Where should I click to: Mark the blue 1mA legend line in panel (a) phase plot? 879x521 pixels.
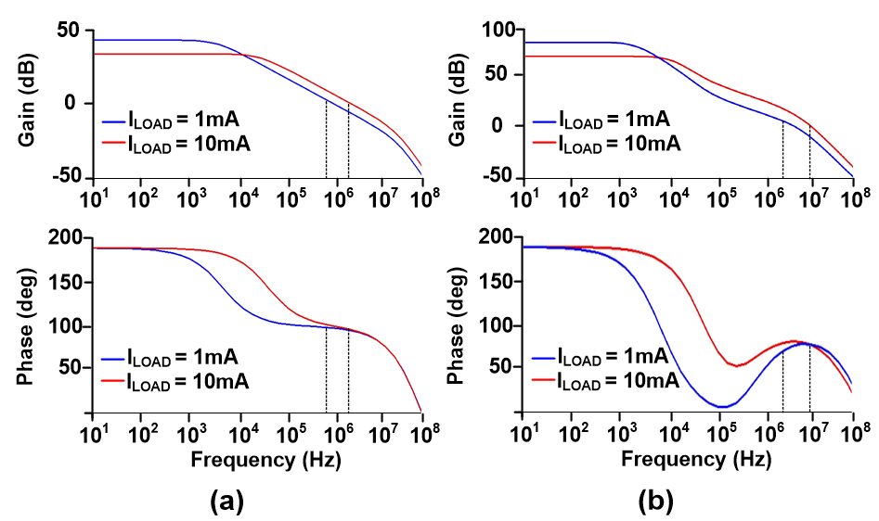click(x=112, y=358)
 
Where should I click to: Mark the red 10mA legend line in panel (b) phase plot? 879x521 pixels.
click(x=545, y=380)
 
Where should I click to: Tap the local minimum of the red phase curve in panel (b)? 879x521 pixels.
click(x=737, y=365)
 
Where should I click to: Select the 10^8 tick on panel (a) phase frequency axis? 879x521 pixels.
click(x=422, y=432)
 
